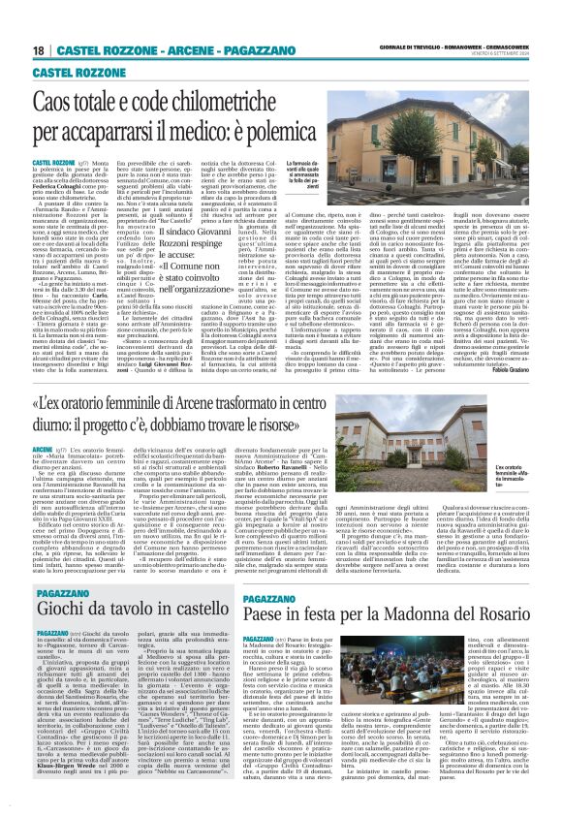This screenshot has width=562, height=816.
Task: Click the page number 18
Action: coord(40,49)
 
